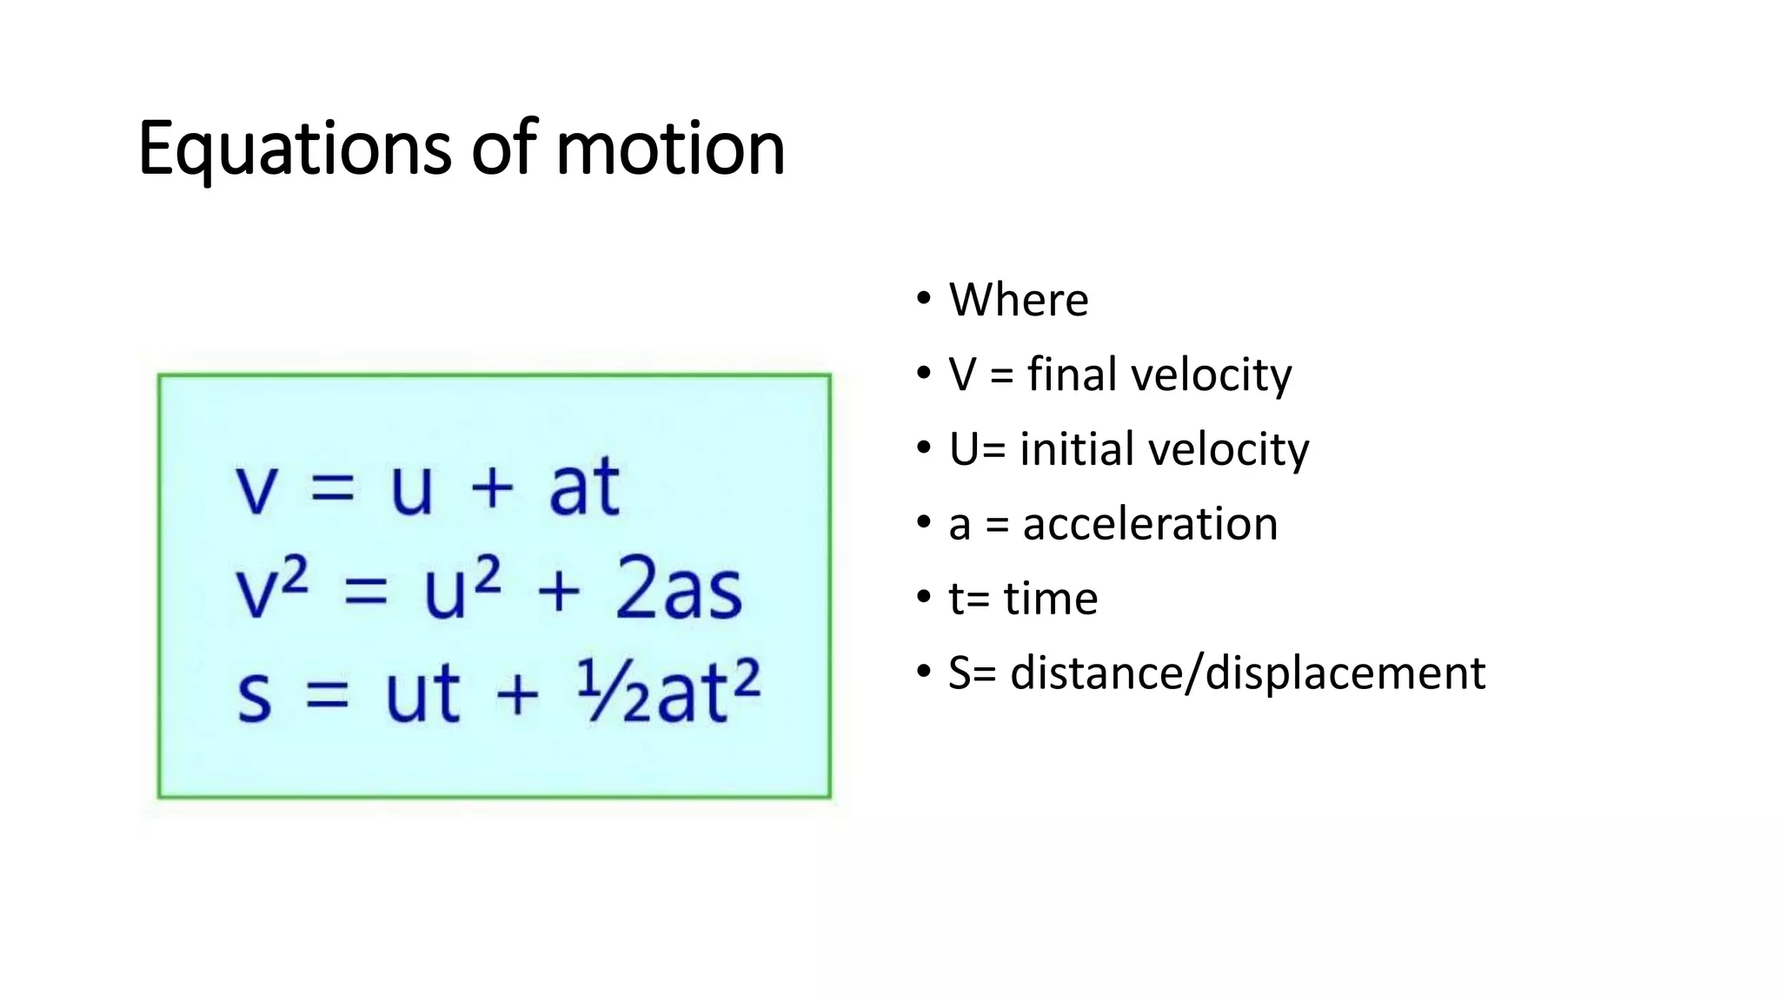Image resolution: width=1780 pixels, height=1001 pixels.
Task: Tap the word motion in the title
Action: (x=670, y=149)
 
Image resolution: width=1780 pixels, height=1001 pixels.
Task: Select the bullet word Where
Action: (x=1018, y=301)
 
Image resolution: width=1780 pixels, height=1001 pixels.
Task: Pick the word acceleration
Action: (x=1150, y=524)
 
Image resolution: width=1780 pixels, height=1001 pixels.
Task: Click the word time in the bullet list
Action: (x=1050, y=599)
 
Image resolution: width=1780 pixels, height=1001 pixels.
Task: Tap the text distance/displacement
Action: (x=1247, y=673)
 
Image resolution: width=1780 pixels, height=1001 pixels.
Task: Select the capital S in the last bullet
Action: (x=960, y=673)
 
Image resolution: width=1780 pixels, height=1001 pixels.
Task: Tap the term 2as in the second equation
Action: (x=679, y=590)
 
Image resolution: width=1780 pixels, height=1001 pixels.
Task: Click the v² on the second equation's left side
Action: (x=271, y=590)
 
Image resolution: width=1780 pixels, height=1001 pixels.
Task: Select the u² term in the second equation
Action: (x=462, y=590)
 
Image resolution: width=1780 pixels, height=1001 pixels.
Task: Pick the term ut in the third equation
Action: (x=422, y=694)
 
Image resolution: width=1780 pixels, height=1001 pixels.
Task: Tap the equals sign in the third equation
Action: (x=328, y=696)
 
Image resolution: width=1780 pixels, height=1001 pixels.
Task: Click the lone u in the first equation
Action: (x=411, y=488)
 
